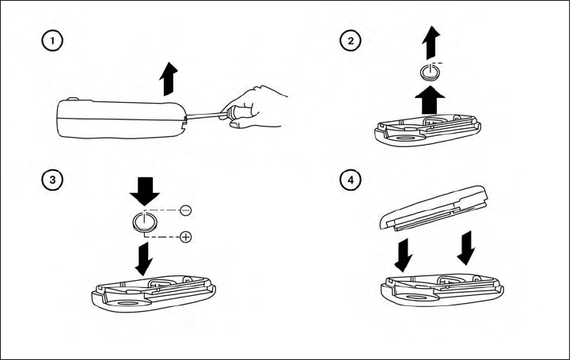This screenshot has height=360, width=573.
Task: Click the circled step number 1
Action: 52,40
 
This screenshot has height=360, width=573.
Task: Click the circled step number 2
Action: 349,40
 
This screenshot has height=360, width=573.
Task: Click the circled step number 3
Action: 52,180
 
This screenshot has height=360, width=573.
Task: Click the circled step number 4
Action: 349,180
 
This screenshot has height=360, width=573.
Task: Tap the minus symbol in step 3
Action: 185,210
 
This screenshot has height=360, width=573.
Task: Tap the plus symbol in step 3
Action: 185,237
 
